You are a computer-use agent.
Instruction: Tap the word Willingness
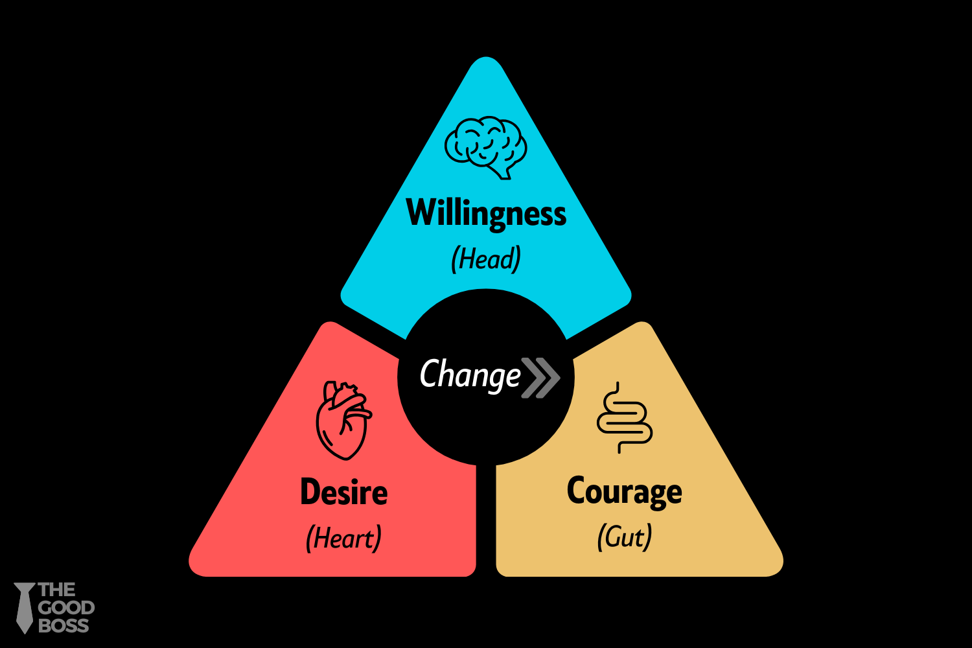coord(486,213)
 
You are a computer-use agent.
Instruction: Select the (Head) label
coord(486,259)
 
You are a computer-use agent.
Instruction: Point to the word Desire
coord(343,492)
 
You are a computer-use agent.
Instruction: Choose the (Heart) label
coord(343,538)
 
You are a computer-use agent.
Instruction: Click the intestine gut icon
coord(624,418)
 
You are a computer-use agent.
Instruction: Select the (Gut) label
coord(624,537)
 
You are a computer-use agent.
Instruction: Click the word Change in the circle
coord(470,375)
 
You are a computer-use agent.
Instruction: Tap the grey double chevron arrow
coord(540,377)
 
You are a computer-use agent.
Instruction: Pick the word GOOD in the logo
coord(66,608)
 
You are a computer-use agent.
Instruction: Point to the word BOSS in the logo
coord(64,626)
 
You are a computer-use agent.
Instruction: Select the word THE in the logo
coord(57,590)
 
